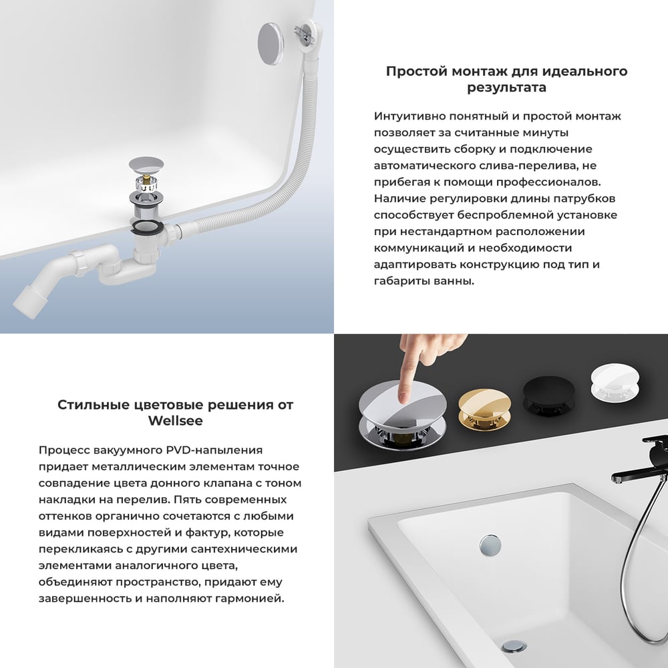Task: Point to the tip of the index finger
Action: point(403,398)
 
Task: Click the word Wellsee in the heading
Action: point(175,422)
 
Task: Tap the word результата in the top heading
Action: point(506,88)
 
